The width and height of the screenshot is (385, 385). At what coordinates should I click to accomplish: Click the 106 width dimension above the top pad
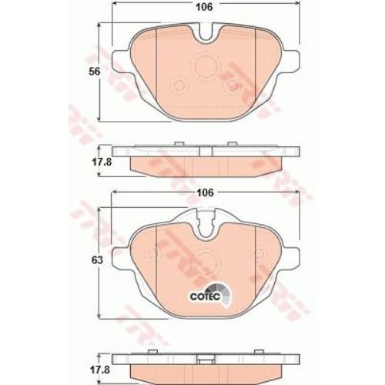coord(204,7)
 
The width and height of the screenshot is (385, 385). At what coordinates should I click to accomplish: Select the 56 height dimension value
coord(94,72)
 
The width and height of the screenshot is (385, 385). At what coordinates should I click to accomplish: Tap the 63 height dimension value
coord(97,260)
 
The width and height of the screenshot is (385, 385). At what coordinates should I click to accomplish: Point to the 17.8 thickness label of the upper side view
coord(102,162)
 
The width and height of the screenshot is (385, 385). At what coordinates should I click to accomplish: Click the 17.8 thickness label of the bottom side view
coord(100,370)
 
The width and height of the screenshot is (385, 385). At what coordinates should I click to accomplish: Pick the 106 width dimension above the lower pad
coord(206,192)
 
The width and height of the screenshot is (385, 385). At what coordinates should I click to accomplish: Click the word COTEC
coord(205,296)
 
